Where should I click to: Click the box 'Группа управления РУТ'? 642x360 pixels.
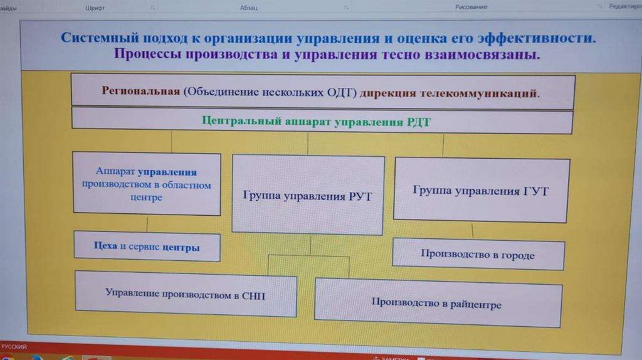307,195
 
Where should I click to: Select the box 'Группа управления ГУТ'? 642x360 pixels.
481,190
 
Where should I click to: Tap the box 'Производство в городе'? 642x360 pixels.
478,255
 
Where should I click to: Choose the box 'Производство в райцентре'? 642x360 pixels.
437,303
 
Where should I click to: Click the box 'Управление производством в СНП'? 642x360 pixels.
185,294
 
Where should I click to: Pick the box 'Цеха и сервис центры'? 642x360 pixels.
147,246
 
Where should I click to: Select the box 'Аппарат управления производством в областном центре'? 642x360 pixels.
147,184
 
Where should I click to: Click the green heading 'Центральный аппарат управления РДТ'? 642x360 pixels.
316,121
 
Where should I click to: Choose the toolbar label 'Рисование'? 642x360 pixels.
471,7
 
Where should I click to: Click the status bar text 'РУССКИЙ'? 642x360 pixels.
14,346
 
